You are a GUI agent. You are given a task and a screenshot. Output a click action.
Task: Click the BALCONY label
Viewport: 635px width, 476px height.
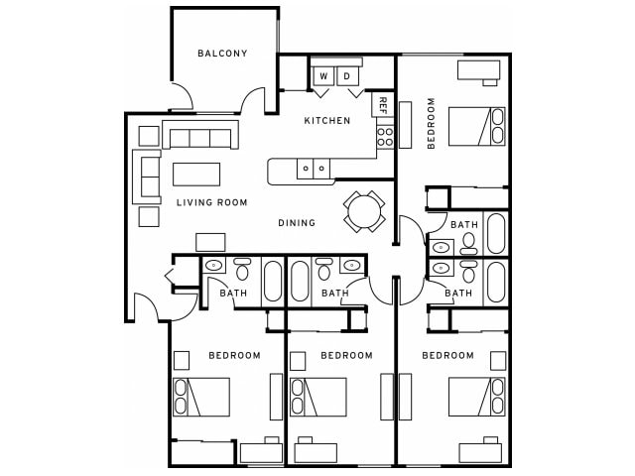click(x=222, y=54)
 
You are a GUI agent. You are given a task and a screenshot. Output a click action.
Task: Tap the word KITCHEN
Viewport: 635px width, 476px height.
click(x=326, y=121)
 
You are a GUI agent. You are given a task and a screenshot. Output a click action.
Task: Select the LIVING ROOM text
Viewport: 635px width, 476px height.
click(x=211, y=203)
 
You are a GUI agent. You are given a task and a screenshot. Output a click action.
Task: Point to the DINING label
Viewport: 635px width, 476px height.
click(x=297, y=223)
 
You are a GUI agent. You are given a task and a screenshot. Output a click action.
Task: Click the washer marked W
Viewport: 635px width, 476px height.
click(x=323, y=76)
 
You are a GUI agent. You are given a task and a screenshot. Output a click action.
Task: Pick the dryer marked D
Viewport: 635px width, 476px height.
click(x=347, y=76)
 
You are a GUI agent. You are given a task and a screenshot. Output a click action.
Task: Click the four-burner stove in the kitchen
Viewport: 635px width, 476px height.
click(x=385, y=137)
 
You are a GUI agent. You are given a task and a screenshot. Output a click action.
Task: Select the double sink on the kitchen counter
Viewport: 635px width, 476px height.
click(x=315, y=169)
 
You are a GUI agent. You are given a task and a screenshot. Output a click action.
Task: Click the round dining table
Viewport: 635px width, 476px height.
click(x=363, y=210)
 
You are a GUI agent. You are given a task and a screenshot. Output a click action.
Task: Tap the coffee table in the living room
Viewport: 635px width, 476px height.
click(x=196, y=175)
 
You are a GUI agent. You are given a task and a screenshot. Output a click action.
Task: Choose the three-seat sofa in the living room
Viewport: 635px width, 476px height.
click(x=201, y=136)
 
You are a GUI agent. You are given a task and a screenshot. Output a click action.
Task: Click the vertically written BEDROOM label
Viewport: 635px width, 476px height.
click(x=432, y=122)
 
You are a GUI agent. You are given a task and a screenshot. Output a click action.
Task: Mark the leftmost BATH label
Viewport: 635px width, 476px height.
click(x=233, y=294)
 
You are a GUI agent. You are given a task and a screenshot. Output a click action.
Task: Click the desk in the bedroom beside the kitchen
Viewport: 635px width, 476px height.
click(x=478, y=69)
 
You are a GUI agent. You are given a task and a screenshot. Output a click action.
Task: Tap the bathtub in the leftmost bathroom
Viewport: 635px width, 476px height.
click(x=272, y=281)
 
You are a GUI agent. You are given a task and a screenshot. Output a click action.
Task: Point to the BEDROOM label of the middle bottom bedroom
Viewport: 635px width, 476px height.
click(x=347, y=355)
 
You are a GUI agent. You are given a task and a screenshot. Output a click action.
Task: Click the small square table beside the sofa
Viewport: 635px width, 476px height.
click(x=149, y=135)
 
